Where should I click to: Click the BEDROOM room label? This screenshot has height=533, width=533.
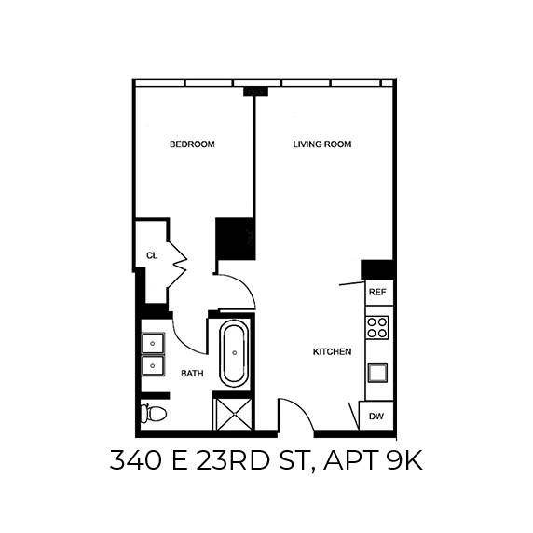192,144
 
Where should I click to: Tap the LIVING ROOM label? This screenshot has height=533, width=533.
321,144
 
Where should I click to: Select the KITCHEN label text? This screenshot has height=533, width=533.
331,352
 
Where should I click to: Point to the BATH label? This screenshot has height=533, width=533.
192,374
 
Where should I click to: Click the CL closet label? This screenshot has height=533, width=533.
151,254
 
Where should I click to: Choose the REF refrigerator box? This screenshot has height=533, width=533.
377,292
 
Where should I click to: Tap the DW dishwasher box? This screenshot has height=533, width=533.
376,417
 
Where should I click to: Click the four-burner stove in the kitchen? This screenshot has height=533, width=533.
377,326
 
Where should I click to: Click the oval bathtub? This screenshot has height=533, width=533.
234,354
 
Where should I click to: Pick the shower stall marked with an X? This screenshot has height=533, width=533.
233,413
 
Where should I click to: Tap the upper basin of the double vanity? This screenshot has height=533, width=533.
153,343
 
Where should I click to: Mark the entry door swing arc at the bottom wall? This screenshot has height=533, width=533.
296,416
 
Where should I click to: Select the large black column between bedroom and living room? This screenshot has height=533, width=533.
236,239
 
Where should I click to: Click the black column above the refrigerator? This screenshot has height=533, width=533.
378,268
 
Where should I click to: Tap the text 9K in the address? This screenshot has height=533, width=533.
406,461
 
